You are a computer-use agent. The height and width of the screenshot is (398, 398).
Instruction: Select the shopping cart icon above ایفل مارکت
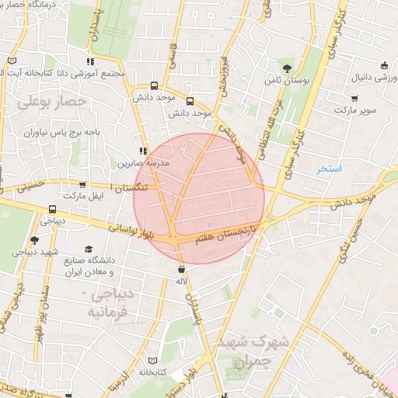tap(82, 185)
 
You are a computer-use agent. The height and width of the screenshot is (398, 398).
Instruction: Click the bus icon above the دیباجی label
tap(52, 209)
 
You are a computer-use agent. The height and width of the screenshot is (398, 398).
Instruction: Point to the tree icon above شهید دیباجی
tap(34, 240)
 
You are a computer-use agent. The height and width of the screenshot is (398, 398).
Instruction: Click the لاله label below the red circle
tap(181, 281)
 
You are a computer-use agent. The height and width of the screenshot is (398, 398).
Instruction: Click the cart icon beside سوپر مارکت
tap(354, 99)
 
